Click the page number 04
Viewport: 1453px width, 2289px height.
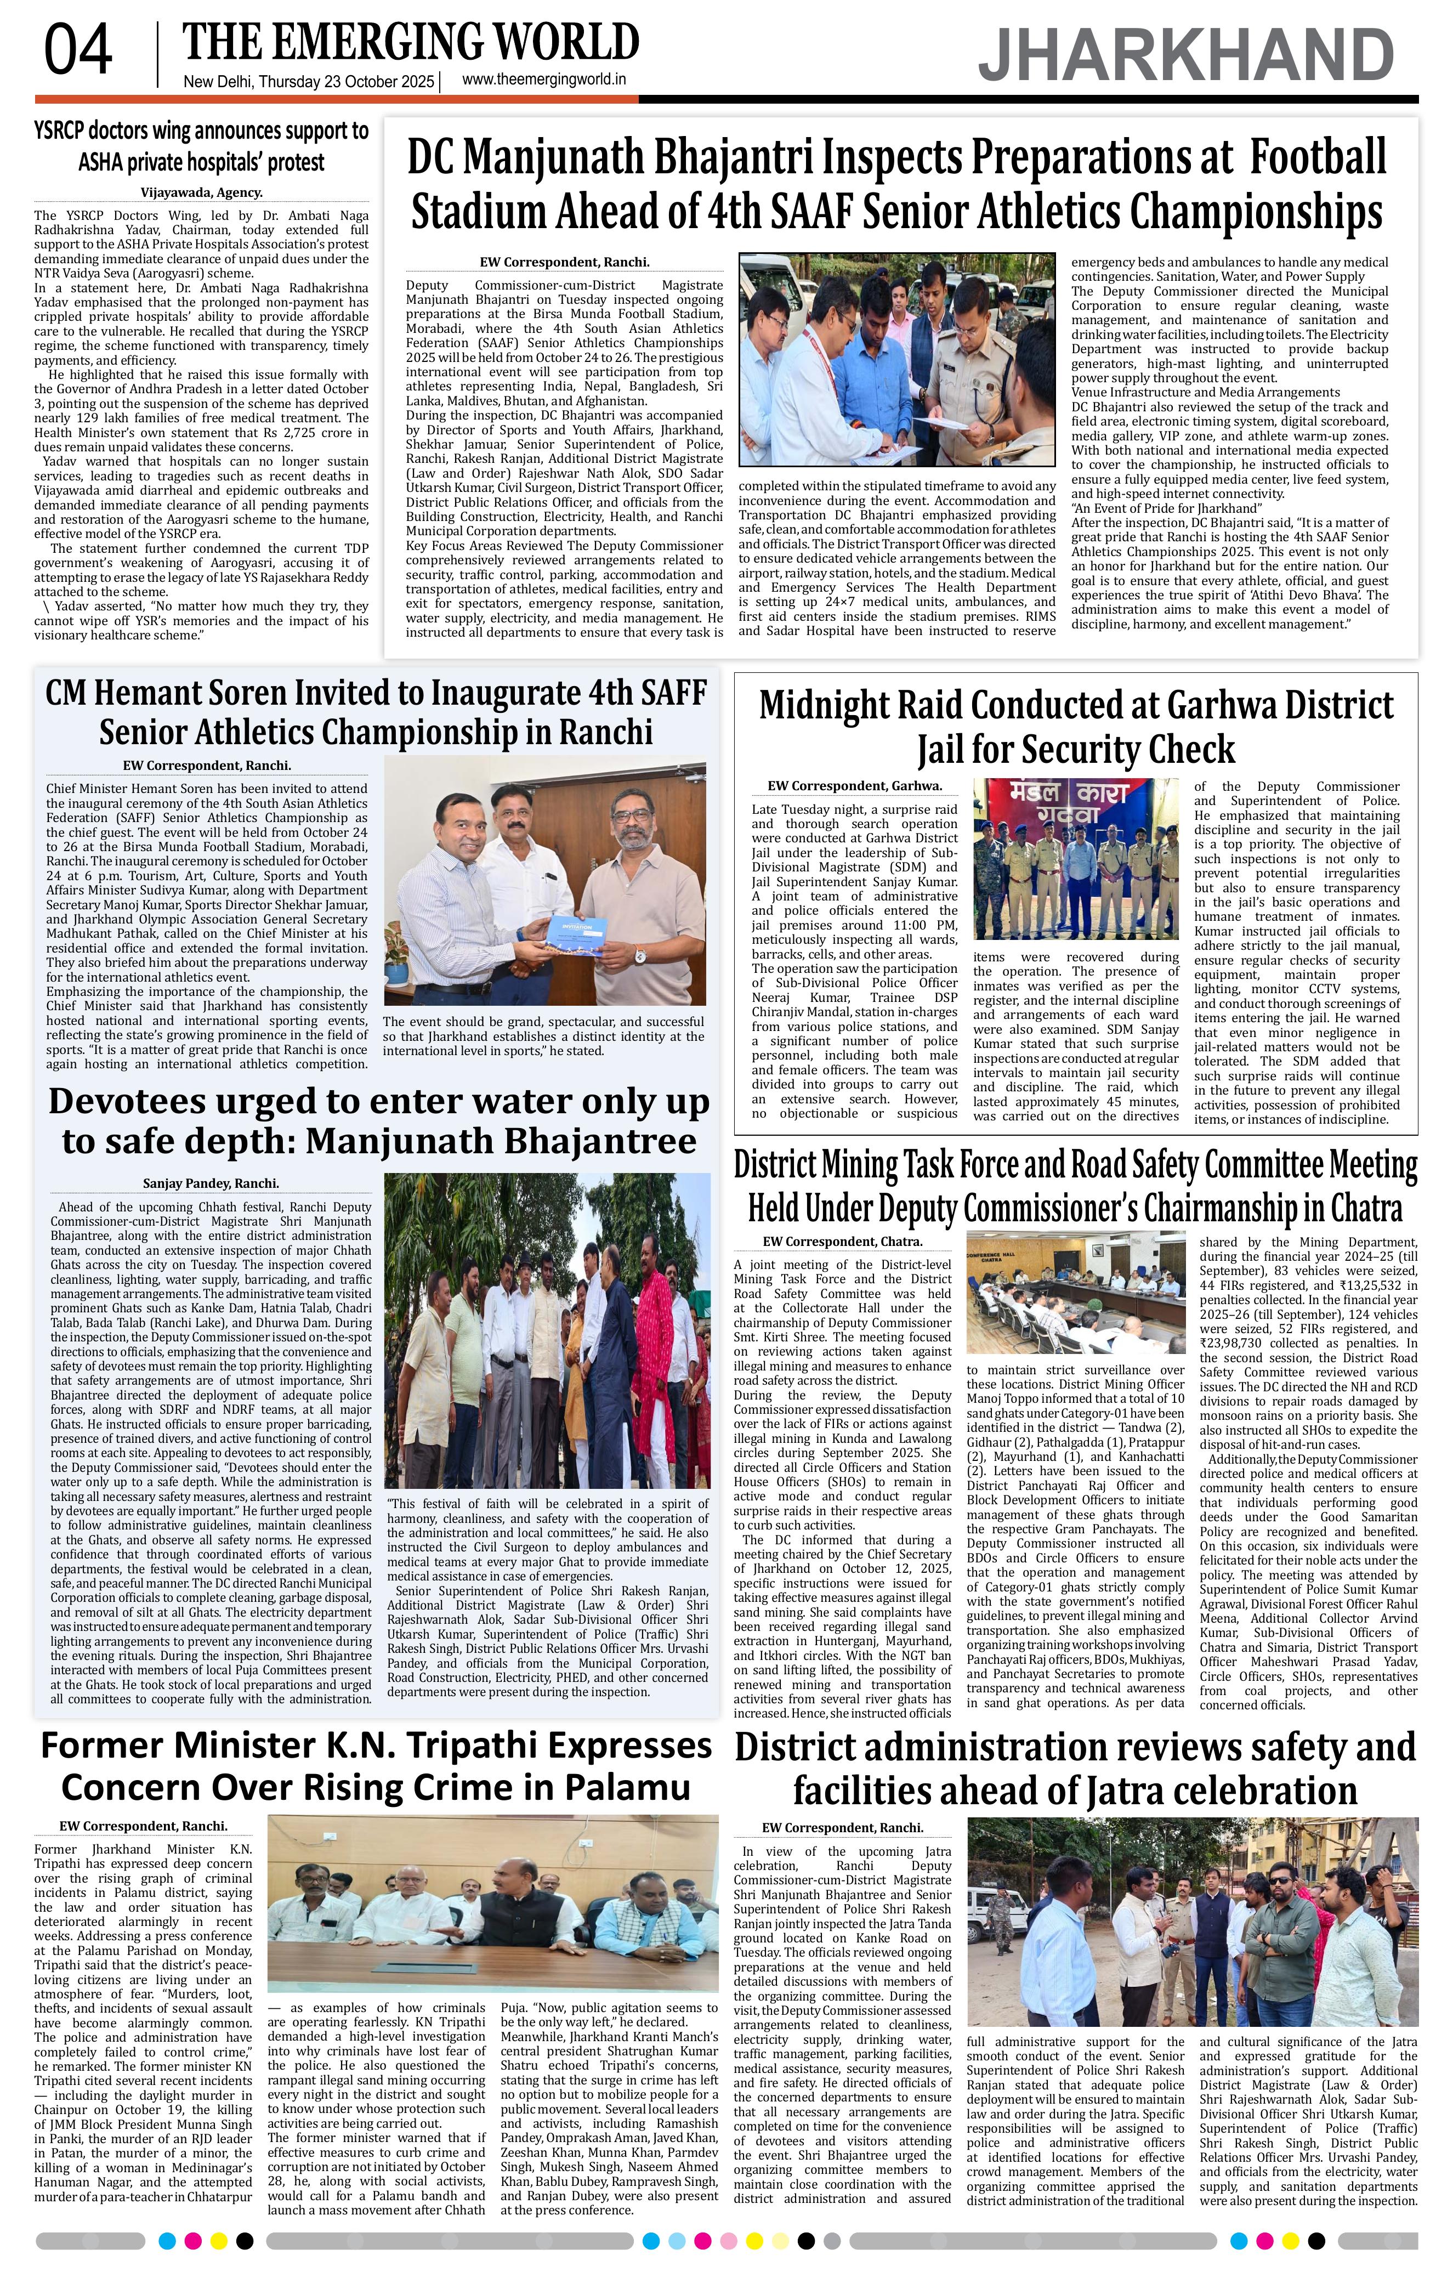coord(78,52)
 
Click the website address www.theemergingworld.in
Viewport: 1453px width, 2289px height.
coord(544,81)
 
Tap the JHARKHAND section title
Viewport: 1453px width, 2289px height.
coord(1186,56)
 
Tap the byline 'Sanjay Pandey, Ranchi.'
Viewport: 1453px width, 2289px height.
coord(211,1183)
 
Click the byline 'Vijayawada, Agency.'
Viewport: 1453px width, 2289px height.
coord(201,191)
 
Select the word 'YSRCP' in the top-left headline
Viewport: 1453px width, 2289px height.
coord(77,130)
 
